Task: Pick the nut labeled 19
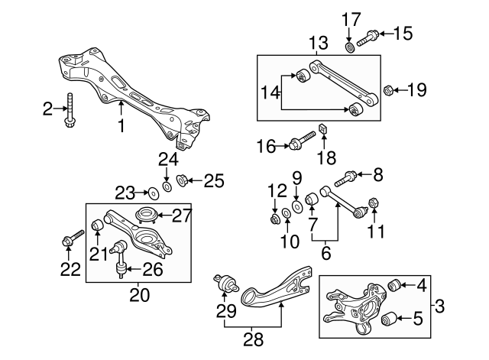click(x=387, y=91)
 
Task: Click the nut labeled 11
click(x=375, y=203)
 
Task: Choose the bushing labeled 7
click(x=312, y=201)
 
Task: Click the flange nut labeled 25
click(x=183, y=181)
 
